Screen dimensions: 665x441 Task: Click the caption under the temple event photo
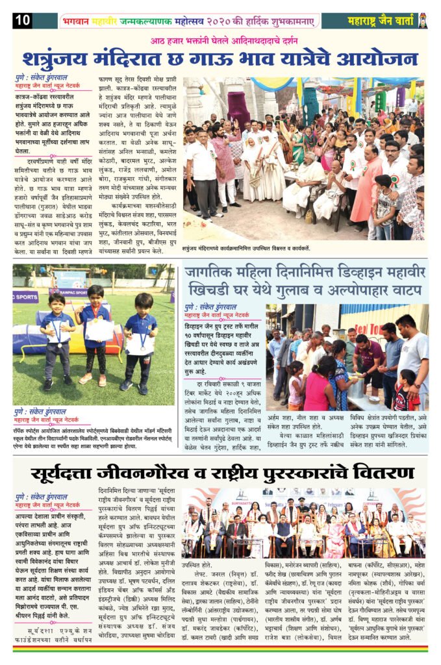click(246, 248)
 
